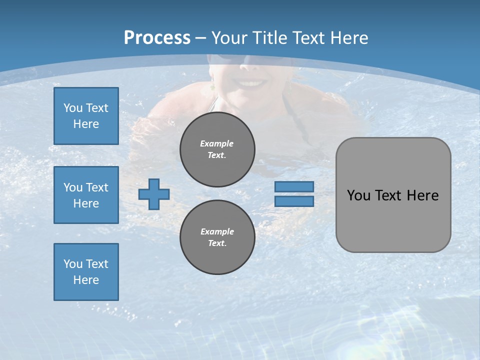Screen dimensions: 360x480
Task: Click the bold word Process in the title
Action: pos(157,38)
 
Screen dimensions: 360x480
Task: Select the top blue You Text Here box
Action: pos(86,116)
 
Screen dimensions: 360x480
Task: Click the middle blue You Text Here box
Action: pos(86,195)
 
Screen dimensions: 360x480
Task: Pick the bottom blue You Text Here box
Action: pos(86,272)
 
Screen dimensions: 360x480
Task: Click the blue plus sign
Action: pos(154,194)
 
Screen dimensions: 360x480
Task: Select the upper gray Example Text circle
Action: pos(217,149)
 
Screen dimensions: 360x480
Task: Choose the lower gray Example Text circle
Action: pos(217,237)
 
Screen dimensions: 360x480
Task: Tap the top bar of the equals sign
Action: pos(294,186)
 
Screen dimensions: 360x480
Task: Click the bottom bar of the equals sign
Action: pos(294,201)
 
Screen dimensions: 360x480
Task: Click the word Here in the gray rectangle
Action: pos(422,195)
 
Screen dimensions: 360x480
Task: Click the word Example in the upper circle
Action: pos(216,143)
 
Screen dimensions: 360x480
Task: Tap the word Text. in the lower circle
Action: pos(217,243)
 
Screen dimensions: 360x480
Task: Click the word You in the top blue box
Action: pos(72,108)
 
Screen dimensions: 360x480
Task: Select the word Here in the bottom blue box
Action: pos(86,280)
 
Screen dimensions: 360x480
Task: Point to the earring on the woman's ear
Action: pos(212,87)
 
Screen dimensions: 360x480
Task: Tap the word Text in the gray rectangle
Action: pos(388,195)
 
